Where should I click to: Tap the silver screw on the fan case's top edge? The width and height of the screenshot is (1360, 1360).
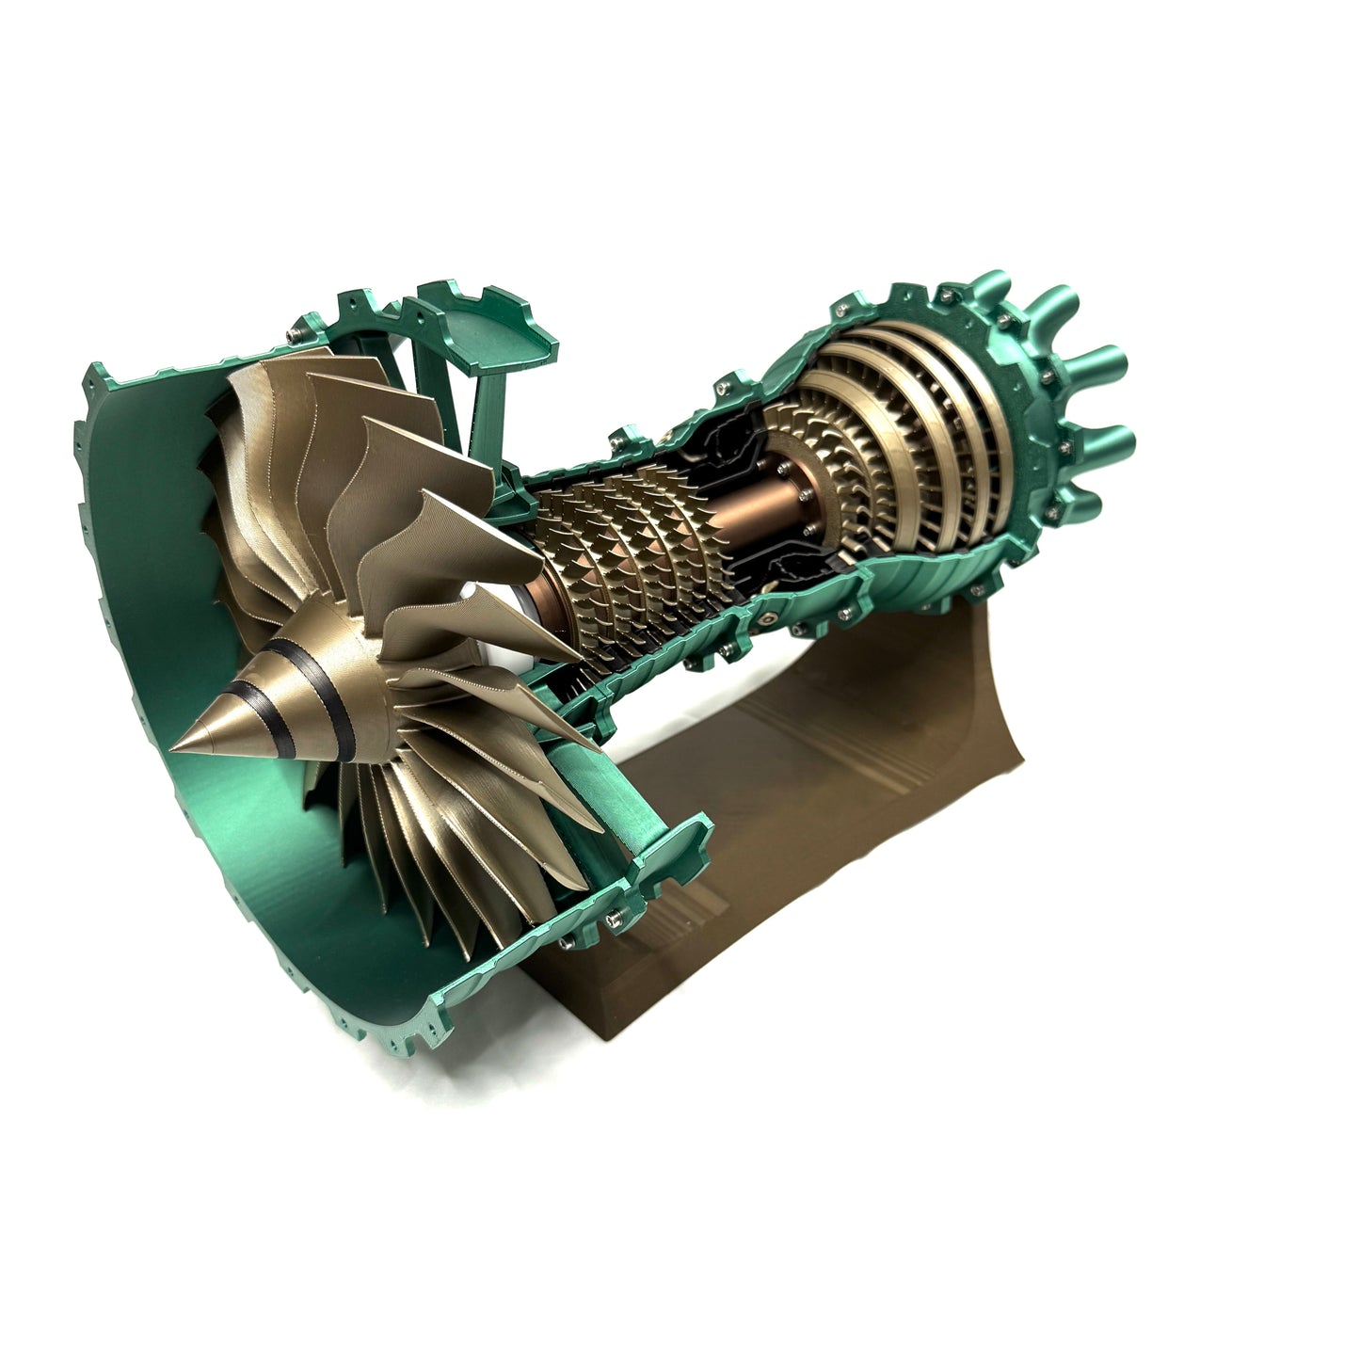click(x=299, y=335)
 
